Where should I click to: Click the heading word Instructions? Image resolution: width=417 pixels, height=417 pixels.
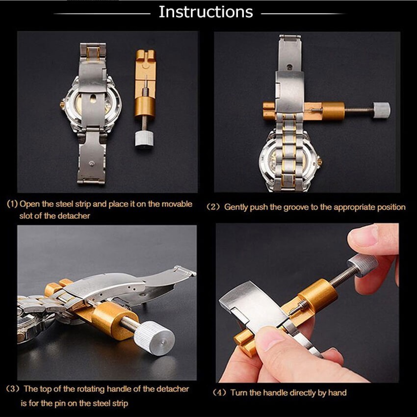tap(206, 12)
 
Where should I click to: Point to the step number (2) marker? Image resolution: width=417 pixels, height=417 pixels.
tap(213, 207)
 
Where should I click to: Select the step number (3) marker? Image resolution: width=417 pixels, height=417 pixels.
tap(13, 389)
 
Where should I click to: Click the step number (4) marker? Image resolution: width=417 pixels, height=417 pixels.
tap(220, 392)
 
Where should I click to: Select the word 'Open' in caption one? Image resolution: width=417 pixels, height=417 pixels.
tap(31, 204)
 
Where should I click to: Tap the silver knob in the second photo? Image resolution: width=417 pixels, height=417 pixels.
tap(381, 110)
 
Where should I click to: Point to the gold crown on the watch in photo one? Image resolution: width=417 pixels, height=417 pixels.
tap(63, 104)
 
